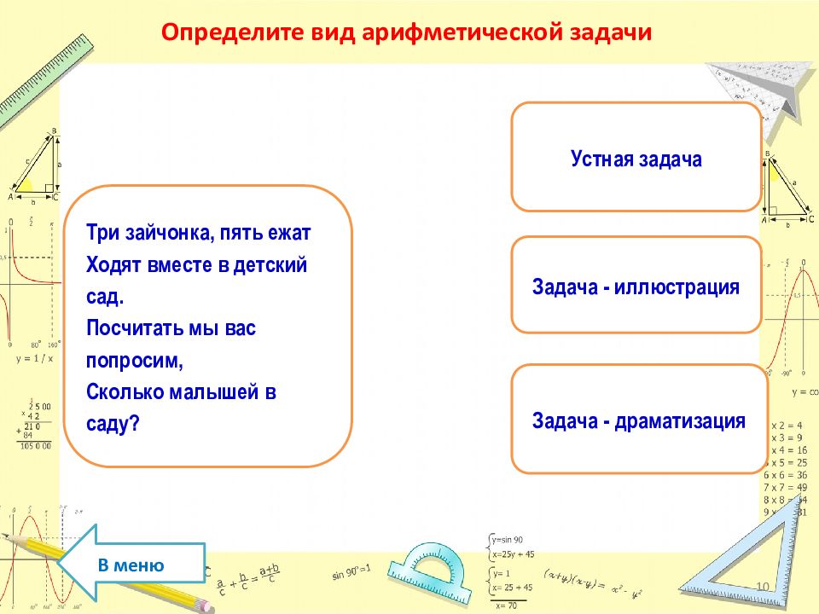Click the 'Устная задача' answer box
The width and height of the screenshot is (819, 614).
(x=636, y=159)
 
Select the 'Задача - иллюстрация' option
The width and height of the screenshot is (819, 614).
(x=636, y=286)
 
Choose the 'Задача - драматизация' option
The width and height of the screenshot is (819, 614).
(x=639, y=420)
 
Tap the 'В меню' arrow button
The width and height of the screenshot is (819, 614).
(x=132, y=565)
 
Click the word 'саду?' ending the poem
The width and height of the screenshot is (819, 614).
(x=113, y=424)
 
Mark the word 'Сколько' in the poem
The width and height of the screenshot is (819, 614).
(x=123, y=392)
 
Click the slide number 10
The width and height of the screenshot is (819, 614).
(x=763, y=585)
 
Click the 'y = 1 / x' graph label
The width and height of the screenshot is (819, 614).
(x=34, y=358)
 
